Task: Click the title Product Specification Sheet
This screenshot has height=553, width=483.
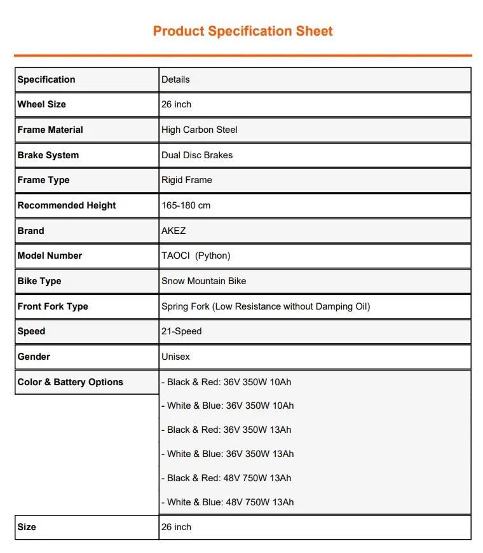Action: (x=243, y=31)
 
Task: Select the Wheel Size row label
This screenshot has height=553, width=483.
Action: (x=42, y=104)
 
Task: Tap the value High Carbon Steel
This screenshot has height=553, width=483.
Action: (x=199, y=130)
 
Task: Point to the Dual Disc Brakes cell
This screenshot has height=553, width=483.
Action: (x=197, y=155)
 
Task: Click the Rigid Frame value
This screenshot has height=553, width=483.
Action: (x=186, y=180)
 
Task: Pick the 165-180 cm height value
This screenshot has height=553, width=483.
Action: (x=186, y=205)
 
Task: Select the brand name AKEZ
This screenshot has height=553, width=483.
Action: (x=173, y=231)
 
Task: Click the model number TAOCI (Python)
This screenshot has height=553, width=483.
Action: (x=196, y=256)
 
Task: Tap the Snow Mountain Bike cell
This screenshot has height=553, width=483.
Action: (x=203, y=281)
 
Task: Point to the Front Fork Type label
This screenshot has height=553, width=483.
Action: (x=53, y=306)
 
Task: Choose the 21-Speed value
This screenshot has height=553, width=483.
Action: (x=181, y=331)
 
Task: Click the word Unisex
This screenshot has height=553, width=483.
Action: (x=175, y=357)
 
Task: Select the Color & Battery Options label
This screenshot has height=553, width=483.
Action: (x=71, y=382)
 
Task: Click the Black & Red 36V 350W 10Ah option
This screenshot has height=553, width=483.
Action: (x=228, y=382)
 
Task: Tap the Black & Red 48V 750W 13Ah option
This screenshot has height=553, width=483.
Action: (x=228, y=478)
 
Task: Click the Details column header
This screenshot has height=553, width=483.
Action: (x=175, y=79)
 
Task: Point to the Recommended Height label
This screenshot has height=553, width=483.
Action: (x=67, y=205)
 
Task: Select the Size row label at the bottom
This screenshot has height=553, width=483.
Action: (x=27, y=527)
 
